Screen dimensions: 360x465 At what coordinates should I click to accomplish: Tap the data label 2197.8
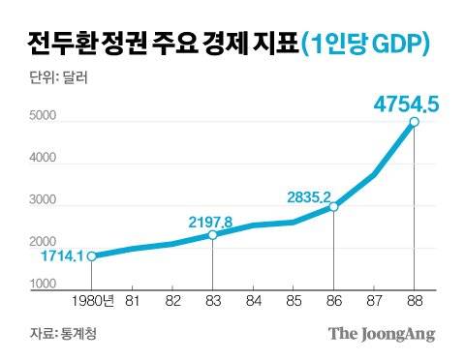click(211, 222)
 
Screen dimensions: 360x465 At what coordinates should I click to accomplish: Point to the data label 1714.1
click(60, 256)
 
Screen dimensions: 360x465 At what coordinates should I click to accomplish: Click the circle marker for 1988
click(414, 122)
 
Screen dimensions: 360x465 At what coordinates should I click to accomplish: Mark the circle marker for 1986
click(333, 207)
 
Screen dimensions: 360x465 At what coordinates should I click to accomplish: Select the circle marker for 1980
click(91, 256)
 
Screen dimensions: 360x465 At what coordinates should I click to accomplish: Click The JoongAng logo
click(381, 334)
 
